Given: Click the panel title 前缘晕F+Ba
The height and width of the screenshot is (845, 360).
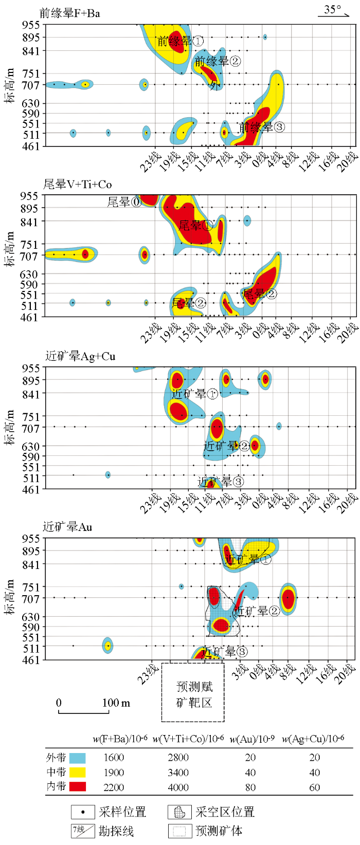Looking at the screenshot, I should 70,13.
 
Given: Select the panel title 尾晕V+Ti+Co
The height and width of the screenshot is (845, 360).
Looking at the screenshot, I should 77,184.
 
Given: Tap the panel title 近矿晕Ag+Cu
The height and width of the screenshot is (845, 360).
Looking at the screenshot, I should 80,356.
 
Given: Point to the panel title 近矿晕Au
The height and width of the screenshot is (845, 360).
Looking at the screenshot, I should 67,527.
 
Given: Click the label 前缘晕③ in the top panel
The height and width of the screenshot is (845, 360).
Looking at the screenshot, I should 262,127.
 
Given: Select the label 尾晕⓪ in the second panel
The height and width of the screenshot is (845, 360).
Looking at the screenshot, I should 124,202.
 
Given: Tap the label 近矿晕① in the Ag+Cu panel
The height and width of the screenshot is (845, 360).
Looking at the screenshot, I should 194,394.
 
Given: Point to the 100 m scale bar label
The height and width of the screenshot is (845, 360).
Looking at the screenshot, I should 116,703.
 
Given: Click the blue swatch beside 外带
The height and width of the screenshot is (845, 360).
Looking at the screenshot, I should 77,758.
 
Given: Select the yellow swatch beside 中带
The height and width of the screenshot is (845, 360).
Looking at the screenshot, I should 77,772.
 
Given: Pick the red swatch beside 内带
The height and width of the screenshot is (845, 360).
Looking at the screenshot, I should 77,786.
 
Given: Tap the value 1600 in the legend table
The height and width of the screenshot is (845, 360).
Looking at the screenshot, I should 114,758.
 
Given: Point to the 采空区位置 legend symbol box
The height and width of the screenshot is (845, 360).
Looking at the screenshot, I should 179,812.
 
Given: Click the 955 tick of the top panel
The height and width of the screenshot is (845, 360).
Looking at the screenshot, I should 31,25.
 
